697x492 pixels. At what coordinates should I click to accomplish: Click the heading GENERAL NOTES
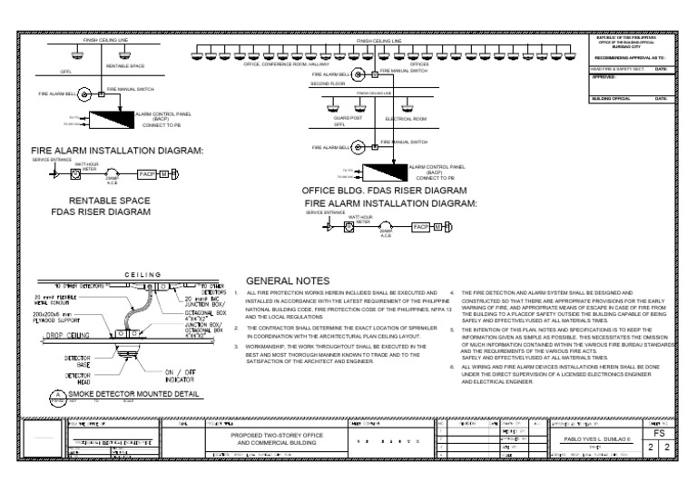[288, 281]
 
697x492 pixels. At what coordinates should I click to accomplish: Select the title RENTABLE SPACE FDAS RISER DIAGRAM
[110, 204]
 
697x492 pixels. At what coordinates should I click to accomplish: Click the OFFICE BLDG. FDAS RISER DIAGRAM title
[385, 192]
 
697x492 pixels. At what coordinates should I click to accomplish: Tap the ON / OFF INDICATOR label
[182, 376]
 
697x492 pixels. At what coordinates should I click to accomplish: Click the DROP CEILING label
[65, 335]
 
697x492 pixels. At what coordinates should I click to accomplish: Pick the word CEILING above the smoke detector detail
[142, 274]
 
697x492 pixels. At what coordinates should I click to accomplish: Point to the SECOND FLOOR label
[329, 83]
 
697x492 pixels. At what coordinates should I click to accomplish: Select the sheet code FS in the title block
[659, 434]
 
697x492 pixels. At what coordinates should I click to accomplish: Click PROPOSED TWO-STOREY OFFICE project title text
[271, 436]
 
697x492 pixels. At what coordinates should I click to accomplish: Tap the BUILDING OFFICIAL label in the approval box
[610, 98]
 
